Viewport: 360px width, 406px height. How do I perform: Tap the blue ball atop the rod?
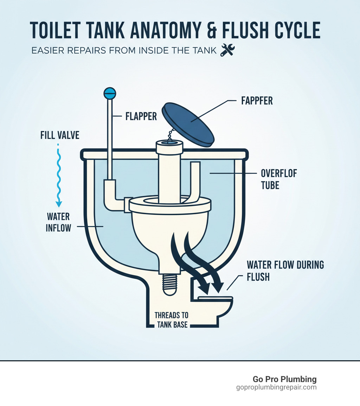[109, 93]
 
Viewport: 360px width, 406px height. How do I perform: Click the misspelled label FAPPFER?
[257, 101]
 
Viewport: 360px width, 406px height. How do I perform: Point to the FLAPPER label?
[141, 116]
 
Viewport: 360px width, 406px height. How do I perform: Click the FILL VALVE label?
[60, 135]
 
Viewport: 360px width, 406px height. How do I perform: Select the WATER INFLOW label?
[58, 222]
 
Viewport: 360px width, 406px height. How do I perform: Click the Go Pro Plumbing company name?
[284, 379]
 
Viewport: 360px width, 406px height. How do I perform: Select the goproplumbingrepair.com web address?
[276, 387]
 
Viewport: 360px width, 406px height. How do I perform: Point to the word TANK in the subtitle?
[202, 51]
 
